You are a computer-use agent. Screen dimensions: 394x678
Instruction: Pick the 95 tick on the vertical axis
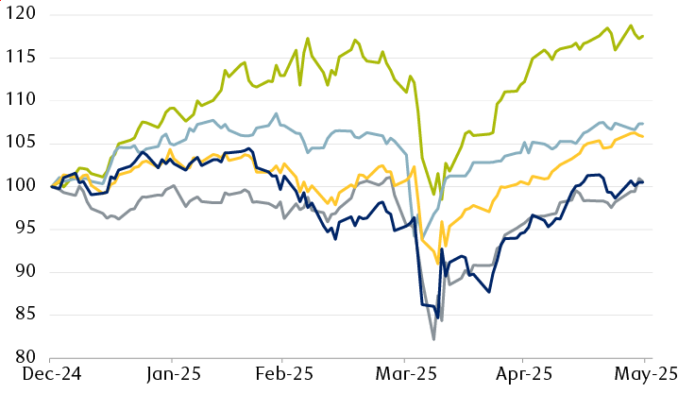pyautogui.click(x=21, y=229)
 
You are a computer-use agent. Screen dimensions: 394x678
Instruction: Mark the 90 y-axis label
pyautogui.click(x=21, y=271)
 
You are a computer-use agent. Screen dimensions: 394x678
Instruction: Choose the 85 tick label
pyautogui.click(x=21, y=315)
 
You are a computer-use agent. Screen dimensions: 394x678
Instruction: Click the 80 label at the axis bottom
pyautogui.click(x=21, y=357)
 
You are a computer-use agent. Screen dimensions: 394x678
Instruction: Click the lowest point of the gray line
pyautogui.click(x=433, y=339)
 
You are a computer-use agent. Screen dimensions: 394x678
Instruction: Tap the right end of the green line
pyautogui.click(x=644, y=36)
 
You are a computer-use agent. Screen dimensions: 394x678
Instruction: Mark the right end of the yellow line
pyautogui.click(x=644, y=137)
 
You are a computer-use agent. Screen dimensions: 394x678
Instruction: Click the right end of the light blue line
pyautogui.click(x=644, y=124)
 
